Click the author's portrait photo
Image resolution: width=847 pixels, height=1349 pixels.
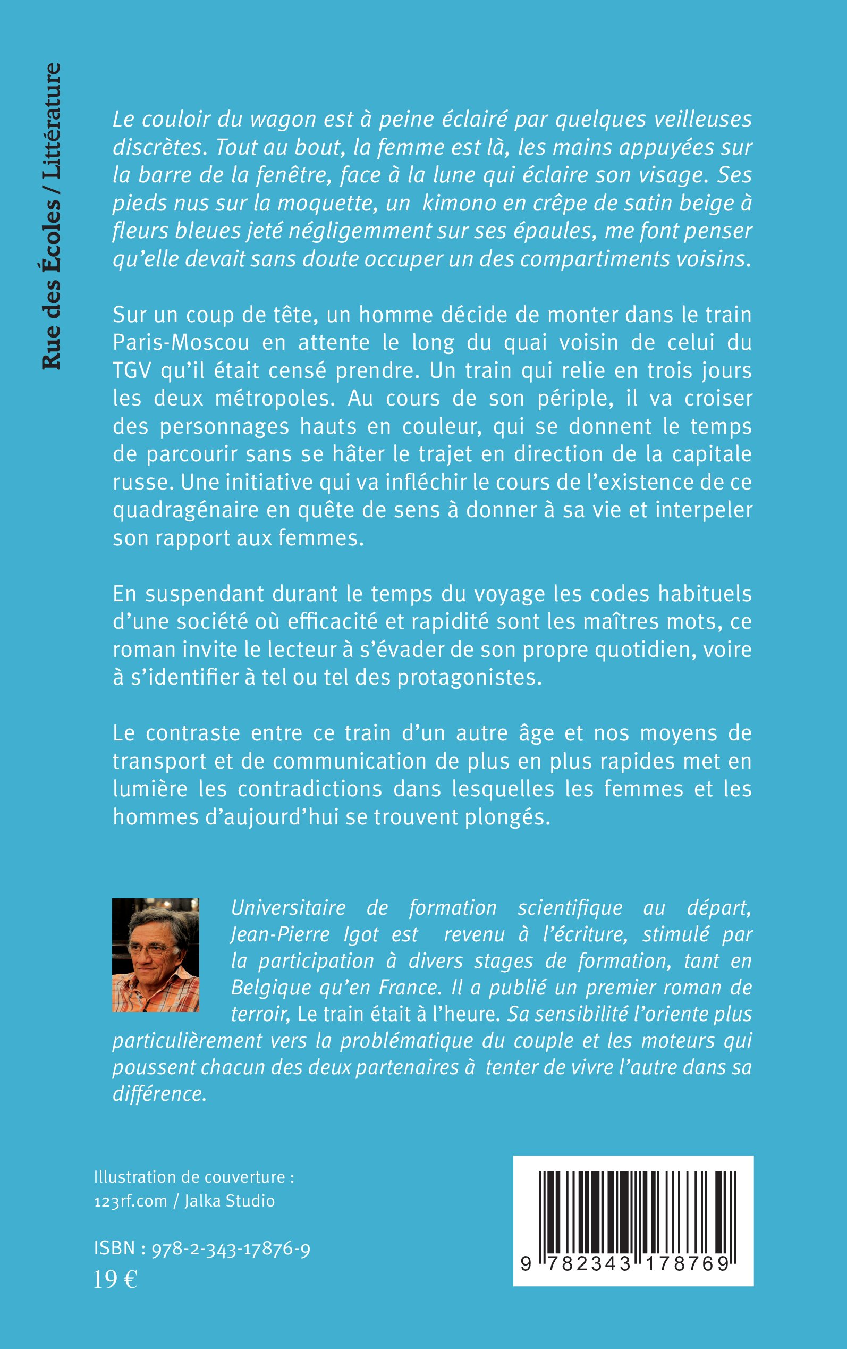click(x=156, y=955)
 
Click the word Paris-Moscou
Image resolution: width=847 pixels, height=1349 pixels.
click(x=182, y=343)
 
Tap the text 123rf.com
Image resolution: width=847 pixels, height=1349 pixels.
click(x=131, y=1201)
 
